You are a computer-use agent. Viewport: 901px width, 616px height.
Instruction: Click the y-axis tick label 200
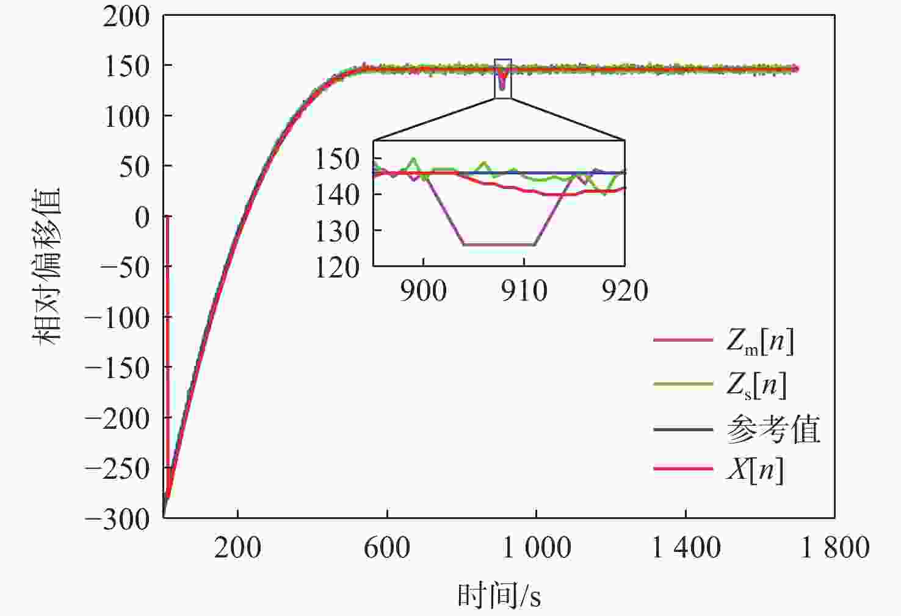(126, 16)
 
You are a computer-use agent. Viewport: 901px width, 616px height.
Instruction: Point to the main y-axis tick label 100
(126, 116)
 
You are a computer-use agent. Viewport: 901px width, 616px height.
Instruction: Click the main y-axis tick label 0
(142, 217)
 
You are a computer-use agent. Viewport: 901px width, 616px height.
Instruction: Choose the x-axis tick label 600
(386, 548)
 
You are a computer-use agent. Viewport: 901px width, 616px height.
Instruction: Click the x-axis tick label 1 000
(536, 548)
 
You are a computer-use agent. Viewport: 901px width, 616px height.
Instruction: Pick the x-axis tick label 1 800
(834, 548)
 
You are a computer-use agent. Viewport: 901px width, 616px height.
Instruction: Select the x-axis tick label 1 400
(686, 548)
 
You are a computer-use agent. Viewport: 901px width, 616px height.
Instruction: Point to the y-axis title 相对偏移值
(48, 267)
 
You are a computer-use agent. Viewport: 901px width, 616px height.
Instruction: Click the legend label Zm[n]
(760, 340)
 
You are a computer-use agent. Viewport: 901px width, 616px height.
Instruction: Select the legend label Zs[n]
(756, 385)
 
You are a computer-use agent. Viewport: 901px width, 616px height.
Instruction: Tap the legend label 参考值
(773, 430)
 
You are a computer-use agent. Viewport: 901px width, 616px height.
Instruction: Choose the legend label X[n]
(754, 470)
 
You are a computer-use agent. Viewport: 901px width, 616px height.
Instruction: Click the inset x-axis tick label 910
(524, 290)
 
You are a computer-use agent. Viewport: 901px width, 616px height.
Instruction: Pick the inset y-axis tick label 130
(337, 231)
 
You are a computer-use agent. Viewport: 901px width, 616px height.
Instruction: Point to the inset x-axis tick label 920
(624, 290)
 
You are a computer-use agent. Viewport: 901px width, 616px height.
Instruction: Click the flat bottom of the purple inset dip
(499, 245)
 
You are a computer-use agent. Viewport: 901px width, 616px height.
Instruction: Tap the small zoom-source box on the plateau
(502, 79)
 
